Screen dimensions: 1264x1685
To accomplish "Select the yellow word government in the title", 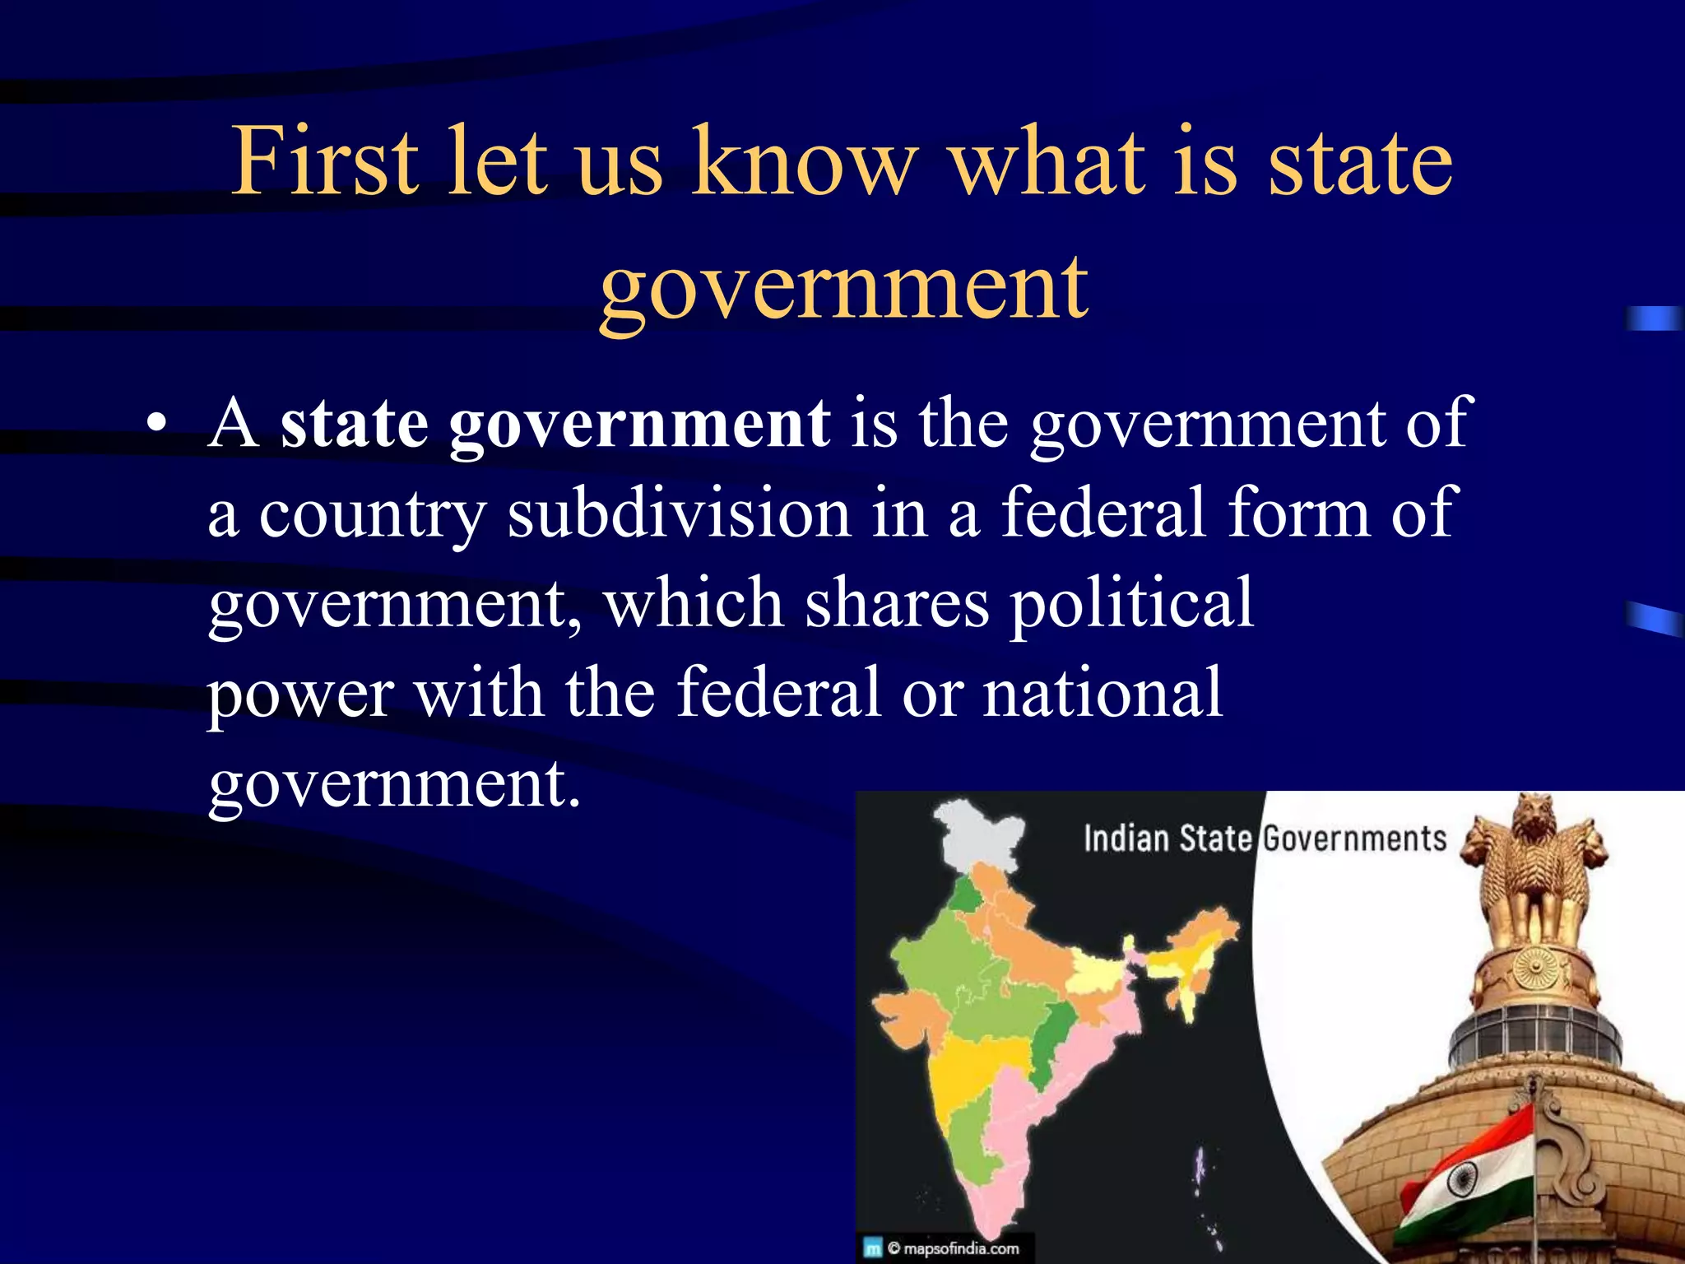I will [x=844, y=286].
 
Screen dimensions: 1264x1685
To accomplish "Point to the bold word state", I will [x=354, y=423].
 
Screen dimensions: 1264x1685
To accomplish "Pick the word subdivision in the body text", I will [x=679, y=513].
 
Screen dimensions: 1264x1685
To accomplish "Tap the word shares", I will [x=897, y=603].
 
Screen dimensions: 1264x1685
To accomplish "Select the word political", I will [x=1131, y=603].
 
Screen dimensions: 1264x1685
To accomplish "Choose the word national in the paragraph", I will [x=1103, y=692].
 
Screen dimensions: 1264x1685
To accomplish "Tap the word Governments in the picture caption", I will [x=1354, y=839].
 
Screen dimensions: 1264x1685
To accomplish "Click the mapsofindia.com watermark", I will [x=952, y=1248].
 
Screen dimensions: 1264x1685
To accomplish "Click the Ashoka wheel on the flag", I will [x=1461, y=1182].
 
